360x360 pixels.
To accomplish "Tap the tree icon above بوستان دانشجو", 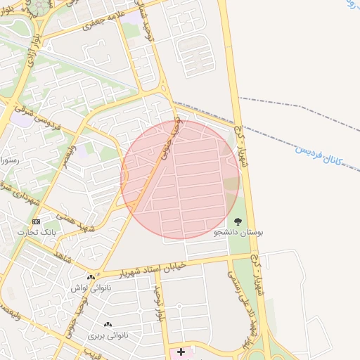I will [238, 221].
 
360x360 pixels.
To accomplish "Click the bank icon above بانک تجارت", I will [37, 221].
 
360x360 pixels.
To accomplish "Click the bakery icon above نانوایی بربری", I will [108, 324].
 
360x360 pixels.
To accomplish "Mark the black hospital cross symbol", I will [181, 351].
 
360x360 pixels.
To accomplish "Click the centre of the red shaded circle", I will [180, 179].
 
